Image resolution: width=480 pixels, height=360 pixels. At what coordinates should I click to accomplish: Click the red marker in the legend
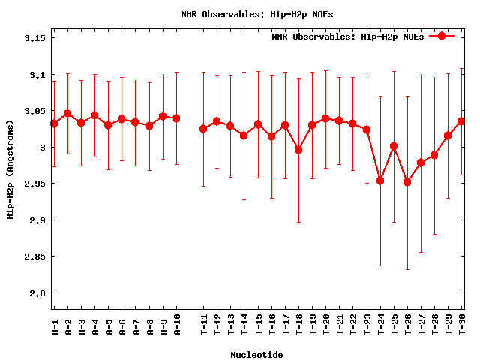coord(442,36)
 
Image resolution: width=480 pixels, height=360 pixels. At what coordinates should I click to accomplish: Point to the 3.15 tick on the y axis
coord(35,39)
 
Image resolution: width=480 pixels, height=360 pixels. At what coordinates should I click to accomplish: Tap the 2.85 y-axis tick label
coord(35,256)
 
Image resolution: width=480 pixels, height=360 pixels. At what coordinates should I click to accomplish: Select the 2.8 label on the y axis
coord(37,293)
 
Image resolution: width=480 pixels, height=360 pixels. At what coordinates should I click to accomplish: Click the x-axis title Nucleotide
coord(256,354)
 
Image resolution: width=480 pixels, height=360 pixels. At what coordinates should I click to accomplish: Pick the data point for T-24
coord(380,181)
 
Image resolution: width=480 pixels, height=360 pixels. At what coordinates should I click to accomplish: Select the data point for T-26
coord(407,182)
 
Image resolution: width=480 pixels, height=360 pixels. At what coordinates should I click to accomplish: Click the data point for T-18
coord(298,150)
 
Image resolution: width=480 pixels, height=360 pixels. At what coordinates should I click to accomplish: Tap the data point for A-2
coord(67,113)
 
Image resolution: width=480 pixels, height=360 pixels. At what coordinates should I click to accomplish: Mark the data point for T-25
coord(394,146)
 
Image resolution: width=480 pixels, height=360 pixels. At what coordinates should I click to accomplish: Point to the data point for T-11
coord(203,129)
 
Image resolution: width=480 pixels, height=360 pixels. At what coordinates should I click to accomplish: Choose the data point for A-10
coord(176,118)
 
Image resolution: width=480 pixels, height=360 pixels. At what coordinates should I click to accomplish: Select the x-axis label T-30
coord(461,328)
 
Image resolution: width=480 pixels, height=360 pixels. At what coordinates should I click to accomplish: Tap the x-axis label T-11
coord(203,328)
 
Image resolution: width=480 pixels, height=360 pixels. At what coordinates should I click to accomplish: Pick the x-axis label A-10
coord(176,328)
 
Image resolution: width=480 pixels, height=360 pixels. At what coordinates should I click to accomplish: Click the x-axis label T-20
coord(325,328)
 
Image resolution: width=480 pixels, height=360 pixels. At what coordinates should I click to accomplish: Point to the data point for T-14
coord(244,136)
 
